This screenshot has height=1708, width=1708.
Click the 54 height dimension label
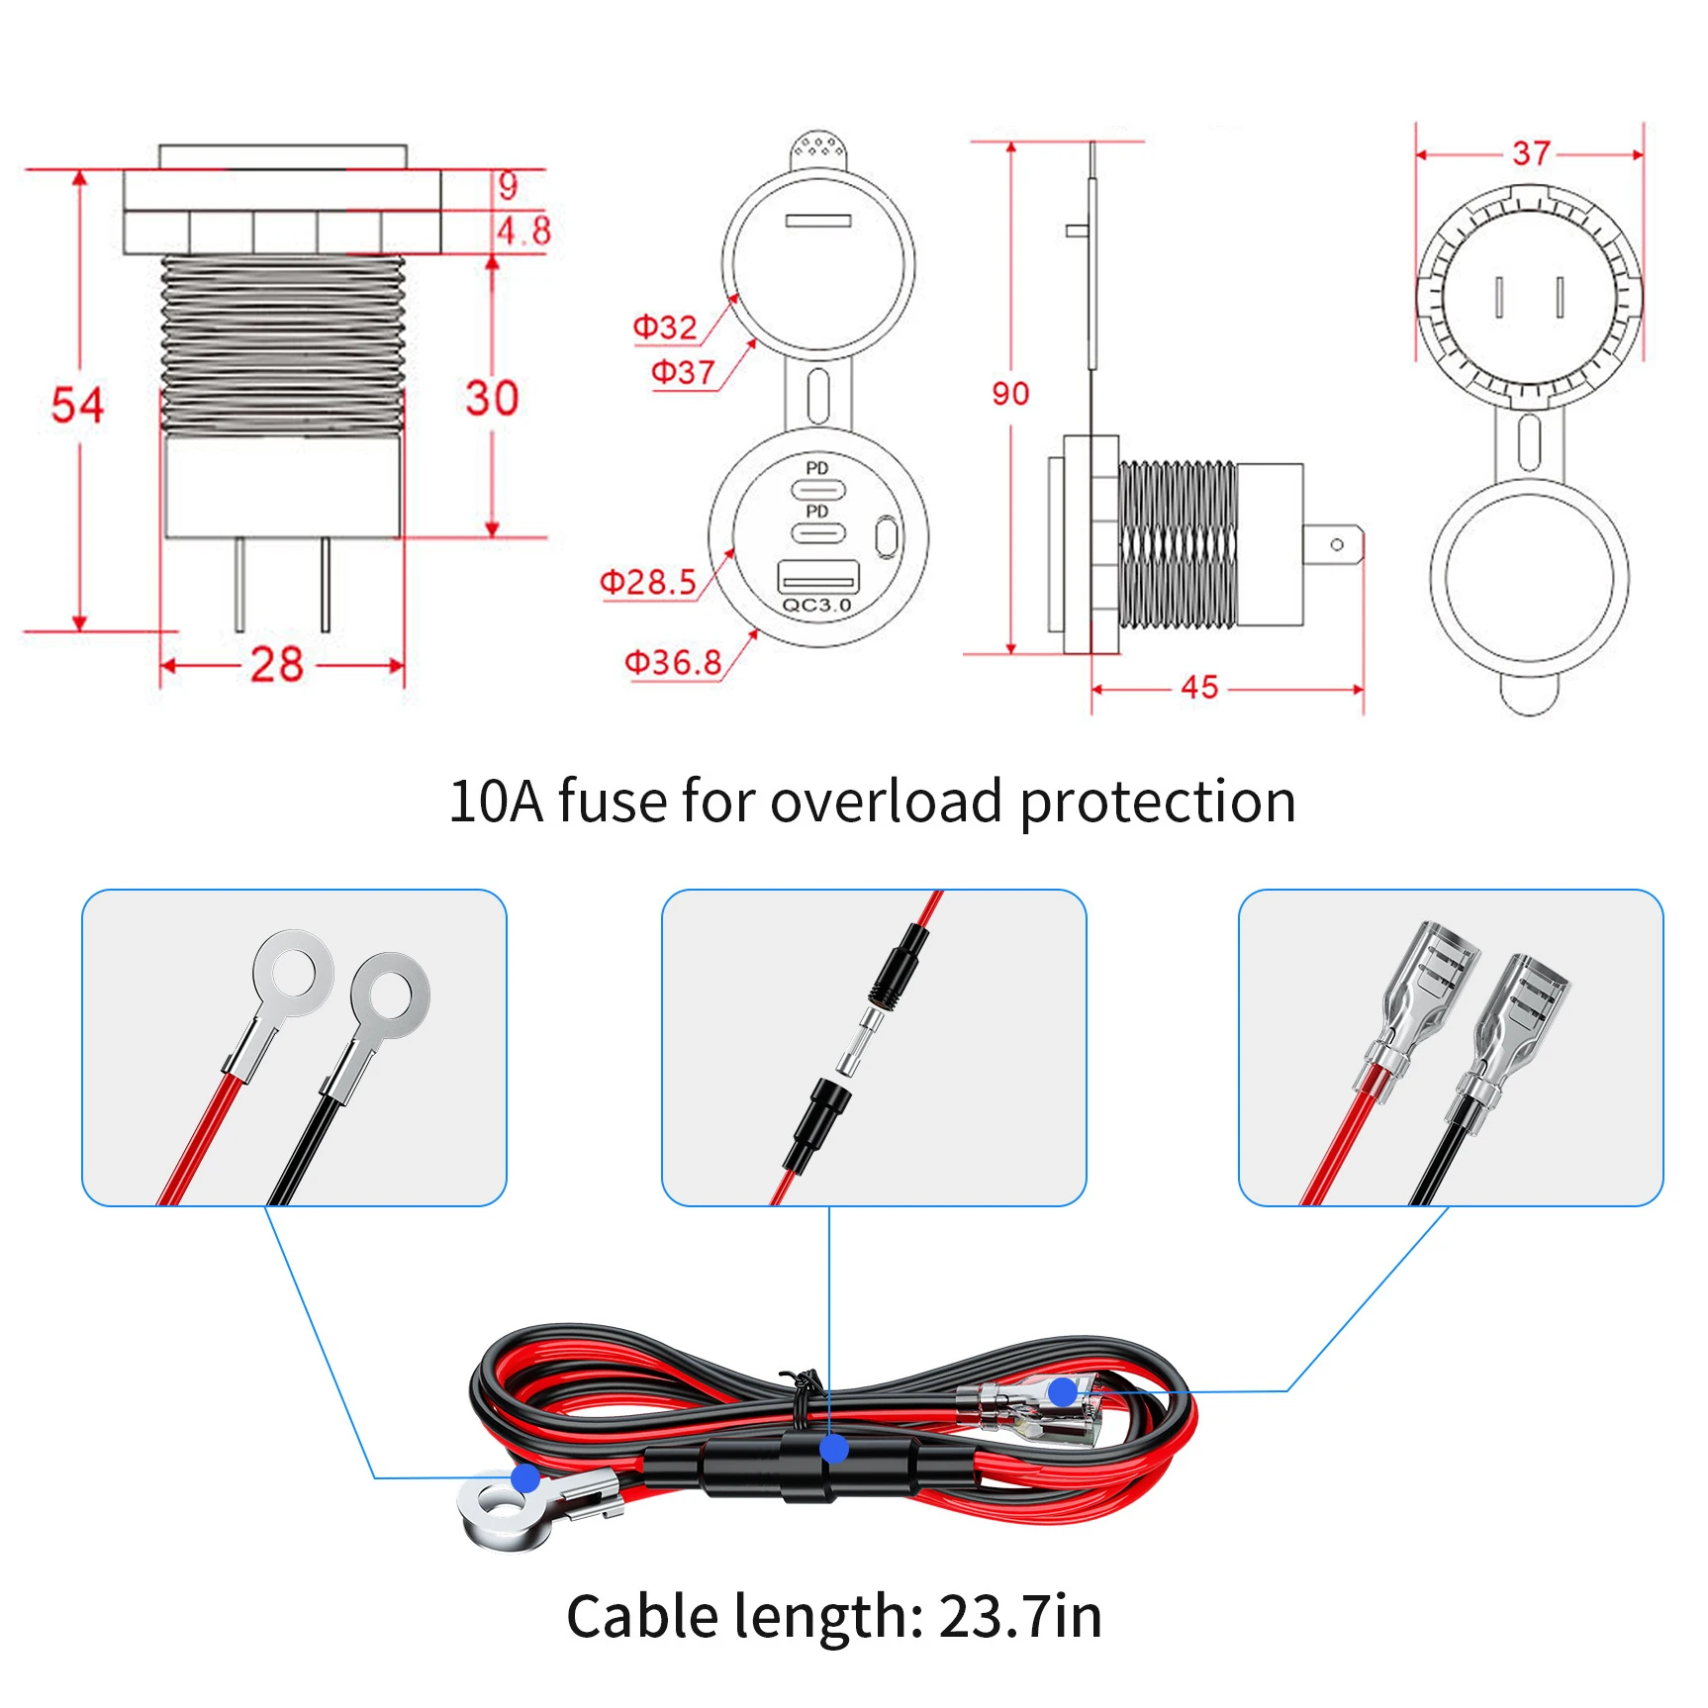(77, 405)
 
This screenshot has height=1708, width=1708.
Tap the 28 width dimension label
(276, 664)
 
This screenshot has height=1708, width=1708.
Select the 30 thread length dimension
(492, 398)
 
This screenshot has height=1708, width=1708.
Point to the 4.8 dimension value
(523, 231)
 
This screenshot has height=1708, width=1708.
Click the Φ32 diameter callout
(665, 327)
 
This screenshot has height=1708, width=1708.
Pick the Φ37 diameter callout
(683, 372)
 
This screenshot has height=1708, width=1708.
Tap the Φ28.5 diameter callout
(648, 582)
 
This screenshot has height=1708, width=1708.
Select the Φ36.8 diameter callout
(673, 662)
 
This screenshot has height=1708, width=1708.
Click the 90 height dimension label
(1010, 394)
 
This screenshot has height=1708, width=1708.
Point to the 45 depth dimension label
(1199, 687)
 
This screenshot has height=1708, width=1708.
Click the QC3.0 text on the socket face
(816, 605)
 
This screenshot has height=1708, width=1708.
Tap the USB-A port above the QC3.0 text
(817, 576)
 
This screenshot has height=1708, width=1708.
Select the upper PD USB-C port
(817, 489)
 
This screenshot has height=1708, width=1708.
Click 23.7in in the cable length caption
(1019, 1617)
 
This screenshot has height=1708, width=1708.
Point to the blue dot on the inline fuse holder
(834, 1450)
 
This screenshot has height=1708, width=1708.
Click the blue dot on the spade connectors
(1063, 1392)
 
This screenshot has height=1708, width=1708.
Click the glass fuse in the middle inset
(860, 1042)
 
